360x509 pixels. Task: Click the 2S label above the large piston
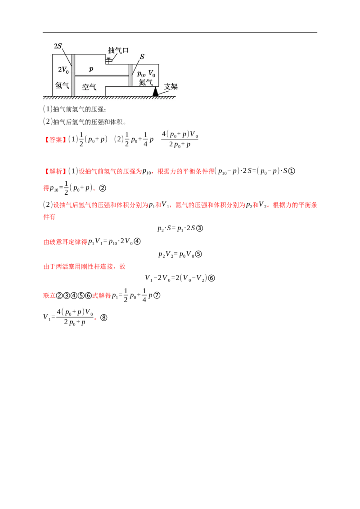58,46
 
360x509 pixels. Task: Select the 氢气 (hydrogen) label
62,85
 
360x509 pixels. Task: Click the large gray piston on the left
73,75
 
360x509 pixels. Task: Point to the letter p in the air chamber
91,69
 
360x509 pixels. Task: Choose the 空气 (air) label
89,86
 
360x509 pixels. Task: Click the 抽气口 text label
118,50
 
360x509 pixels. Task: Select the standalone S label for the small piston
142,57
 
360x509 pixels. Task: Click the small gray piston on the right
130,75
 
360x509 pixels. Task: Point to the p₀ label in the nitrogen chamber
140,74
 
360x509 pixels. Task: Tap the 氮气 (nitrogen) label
146,82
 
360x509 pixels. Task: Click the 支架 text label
171,86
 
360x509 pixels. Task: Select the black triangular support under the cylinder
155,92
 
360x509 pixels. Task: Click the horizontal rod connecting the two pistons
102,76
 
